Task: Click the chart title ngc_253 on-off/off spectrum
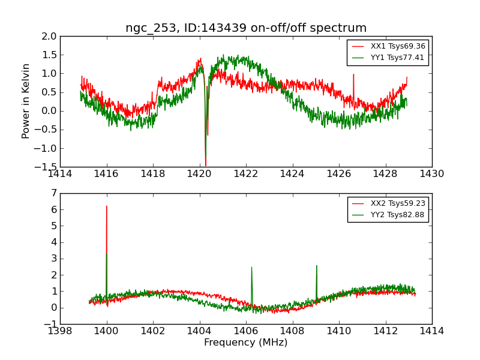(246, 28)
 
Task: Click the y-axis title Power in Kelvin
(26, 101)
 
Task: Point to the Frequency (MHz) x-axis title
(245, 343)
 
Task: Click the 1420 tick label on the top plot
(200, 174)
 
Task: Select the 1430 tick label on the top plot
(431, 174)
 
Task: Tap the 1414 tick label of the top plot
(61, 174)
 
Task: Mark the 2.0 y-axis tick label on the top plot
(50, 36)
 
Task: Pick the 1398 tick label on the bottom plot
(61, 331)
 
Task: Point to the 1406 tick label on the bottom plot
(246, 331)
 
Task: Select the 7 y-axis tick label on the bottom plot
(53, 193)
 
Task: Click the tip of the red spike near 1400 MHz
(107, 206)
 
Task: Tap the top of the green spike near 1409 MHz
(316, 266)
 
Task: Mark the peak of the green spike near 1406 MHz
(251, 268)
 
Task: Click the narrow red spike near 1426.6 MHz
(353, 75)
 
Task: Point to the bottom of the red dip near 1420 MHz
(206, 166)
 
